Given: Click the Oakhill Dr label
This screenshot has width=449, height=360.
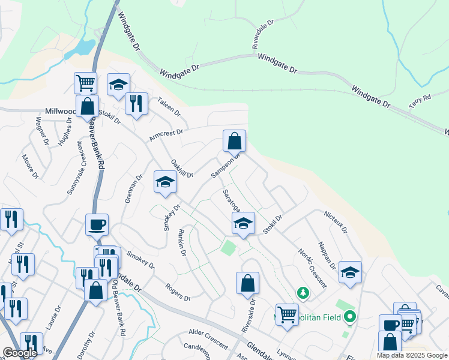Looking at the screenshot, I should pyautogui.click(x=181, y=168).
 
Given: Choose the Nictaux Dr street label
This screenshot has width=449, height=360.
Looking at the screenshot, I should pyautogui.click(x=336, y=221).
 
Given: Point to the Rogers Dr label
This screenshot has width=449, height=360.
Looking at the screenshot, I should pyautogui.click(x=178, y=293).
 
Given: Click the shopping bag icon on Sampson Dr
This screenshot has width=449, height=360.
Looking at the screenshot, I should pyautogui.click(x=235, y=142).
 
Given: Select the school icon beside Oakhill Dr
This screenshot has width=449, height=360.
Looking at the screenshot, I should pyautogui.click(x=164, y=182).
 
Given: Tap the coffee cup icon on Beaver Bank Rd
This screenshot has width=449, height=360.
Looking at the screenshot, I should pyautogui.click(x=97, y=225).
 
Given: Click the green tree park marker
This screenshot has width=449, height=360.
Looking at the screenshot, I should pyautogui.click(x=304, y=293).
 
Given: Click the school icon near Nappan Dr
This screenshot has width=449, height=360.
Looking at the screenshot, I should pyautogui.click(x=350, y=272).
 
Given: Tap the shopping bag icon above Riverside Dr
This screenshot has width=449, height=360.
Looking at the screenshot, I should pyautogui.click(x=247, y=283).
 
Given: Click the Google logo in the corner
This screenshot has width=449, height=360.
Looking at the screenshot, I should pyautogui.click(x=20, y=353).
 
